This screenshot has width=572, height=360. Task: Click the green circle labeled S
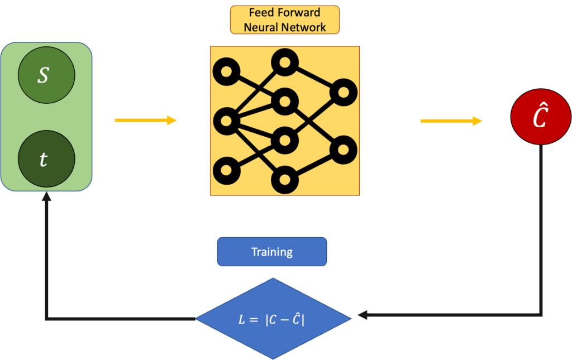click(x=46, y=75)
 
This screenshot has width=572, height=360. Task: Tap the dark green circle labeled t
click(x=46, y=159)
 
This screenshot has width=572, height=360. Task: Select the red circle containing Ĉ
click(x=540, y=118)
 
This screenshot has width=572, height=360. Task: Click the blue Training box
click(x=271, y=252)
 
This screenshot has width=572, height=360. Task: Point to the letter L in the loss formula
click(x=241, y=320)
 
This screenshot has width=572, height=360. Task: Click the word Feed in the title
click(x=261, y=13)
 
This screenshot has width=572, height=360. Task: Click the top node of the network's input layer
click(x=226, y=72)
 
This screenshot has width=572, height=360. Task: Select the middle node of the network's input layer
click(x=226, y=120)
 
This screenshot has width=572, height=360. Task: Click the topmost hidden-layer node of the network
click(x=285, y=63)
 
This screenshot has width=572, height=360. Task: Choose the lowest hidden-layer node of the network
click(x=285, y=180)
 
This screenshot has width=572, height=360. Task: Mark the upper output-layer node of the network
click(x=343, y=92)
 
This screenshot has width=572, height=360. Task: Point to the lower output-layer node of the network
click(x=343, y=150)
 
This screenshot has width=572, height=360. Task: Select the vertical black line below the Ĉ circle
click(x=541, y=223)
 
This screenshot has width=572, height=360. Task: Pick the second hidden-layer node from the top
click(x=285, y=101)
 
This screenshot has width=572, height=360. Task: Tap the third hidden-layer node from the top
click(x=285, y=140)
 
